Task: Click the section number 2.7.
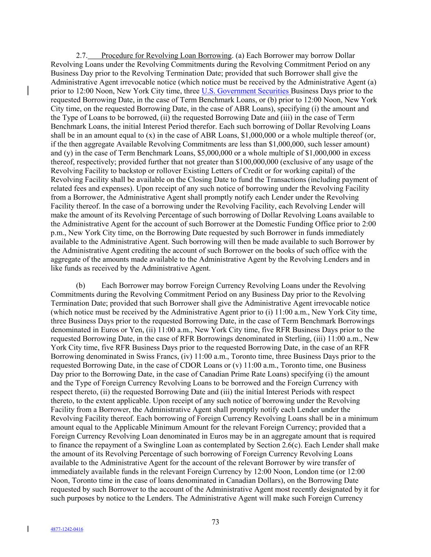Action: click(82, 55)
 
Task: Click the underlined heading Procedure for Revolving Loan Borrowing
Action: click(166, 55)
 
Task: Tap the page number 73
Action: click(216, 522)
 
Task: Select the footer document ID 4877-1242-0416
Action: click(67, 529)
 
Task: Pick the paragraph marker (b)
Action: click(80, 286)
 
